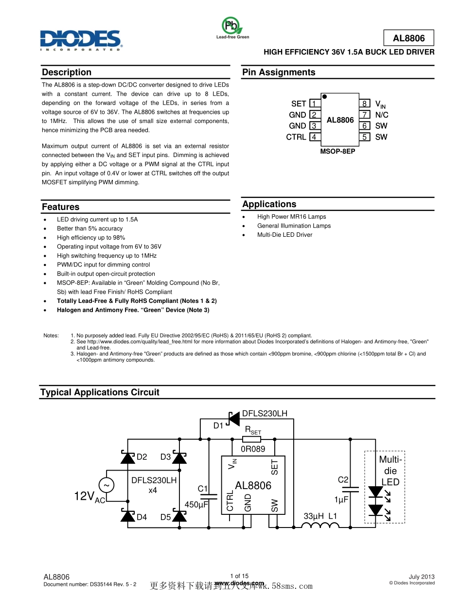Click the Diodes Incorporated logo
(81, 39)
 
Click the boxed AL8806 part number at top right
(409, 38)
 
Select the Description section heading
(67, 72)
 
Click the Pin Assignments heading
(279, 72)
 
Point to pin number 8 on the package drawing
(364, 104)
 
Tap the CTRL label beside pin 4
(296, 137)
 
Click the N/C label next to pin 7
(382, 115)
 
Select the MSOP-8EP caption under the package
(338, 151)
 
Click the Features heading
(60, 207)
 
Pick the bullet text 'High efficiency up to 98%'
(91, 238)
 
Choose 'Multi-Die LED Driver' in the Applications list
(284, 235)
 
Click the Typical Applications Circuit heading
(100, 392)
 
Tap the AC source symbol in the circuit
(106, 485)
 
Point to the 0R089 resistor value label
(253, 449)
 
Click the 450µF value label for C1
(196, 505)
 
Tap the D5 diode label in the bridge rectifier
(165, 517)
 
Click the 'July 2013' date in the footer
(421, 576)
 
